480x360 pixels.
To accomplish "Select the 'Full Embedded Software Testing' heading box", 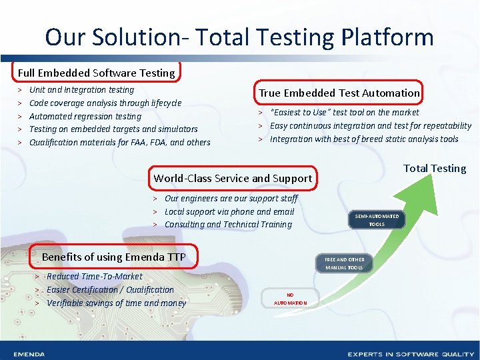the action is [97, 73].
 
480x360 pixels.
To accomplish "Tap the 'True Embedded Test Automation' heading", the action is [339, 93].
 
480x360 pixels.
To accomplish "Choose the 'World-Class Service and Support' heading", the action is [233, 178].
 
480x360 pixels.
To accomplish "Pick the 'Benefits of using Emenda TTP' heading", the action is [113, 257].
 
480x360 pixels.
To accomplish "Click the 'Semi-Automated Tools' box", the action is [377, 220].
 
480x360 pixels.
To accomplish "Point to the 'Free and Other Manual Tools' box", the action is [344, 263].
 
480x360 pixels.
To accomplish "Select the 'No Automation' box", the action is [290, 298].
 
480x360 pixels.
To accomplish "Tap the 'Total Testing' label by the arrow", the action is [435, 169].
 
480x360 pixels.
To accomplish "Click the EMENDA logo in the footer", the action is [29, 354].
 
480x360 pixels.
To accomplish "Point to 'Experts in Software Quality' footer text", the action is [406, 354].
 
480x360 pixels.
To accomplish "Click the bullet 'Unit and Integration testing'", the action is [82, 90].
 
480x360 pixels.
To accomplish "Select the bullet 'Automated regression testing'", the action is [85, 116].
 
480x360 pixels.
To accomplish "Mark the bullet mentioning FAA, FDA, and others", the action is [120, 142].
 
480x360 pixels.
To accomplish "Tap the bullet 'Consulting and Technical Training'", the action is [228, 224].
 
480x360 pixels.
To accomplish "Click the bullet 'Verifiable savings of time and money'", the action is [117, 303].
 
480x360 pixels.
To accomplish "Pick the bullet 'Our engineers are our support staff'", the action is [231, 198].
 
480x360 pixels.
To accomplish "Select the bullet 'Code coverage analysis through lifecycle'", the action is [105, 103].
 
